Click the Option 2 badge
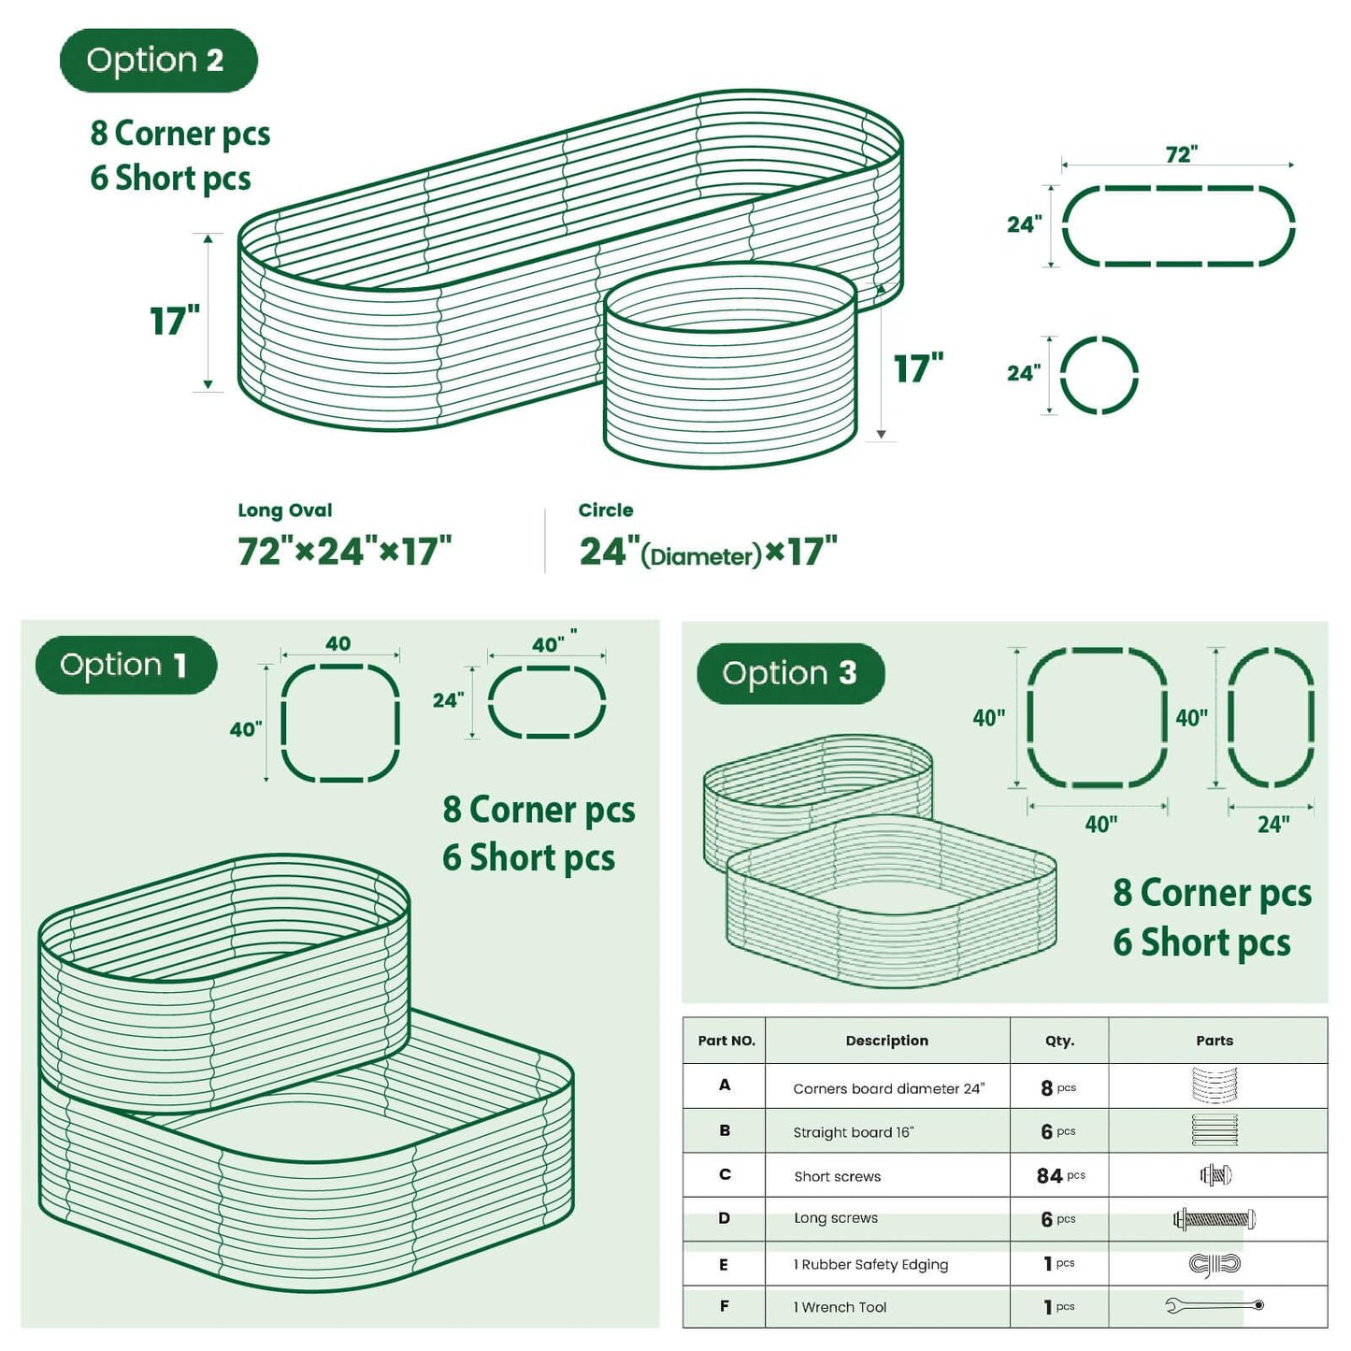158,61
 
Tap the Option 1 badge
126,665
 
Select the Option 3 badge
790,673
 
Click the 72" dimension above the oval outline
1181,154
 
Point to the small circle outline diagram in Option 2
1099,375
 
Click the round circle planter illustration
730,365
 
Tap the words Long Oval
285,510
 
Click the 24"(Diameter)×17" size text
708,553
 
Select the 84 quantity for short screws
1050,1176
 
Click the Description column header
886,1041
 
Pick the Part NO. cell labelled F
725,1306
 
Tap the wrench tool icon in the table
1214,1305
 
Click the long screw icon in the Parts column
1214,1219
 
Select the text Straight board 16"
853,1132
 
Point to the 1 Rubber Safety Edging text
870,1265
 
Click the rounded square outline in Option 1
340,723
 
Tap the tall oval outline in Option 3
1271,717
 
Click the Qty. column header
1059,1041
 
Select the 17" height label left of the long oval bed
175,321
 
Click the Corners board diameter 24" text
888,1088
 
